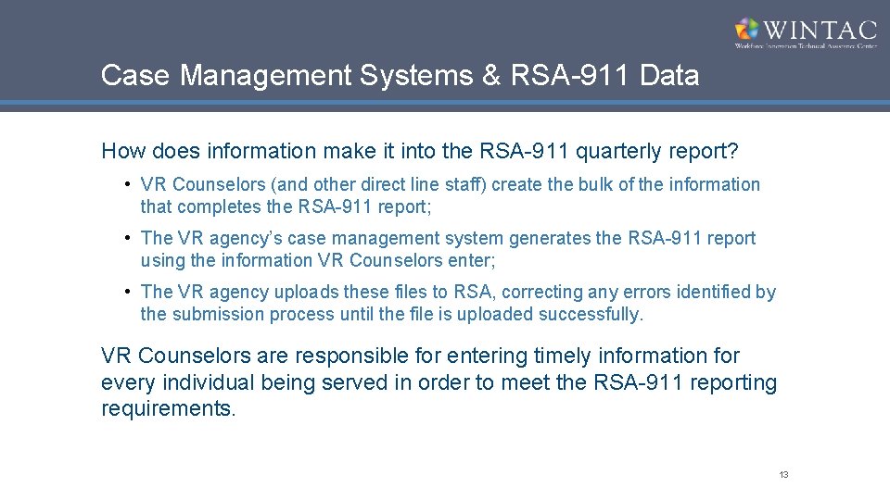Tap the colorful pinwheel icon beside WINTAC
click(747, 30)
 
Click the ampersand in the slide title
click(490, 75)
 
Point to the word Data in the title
click(669, 75)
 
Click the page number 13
click(783, 475)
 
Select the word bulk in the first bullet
click(599, 184)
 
